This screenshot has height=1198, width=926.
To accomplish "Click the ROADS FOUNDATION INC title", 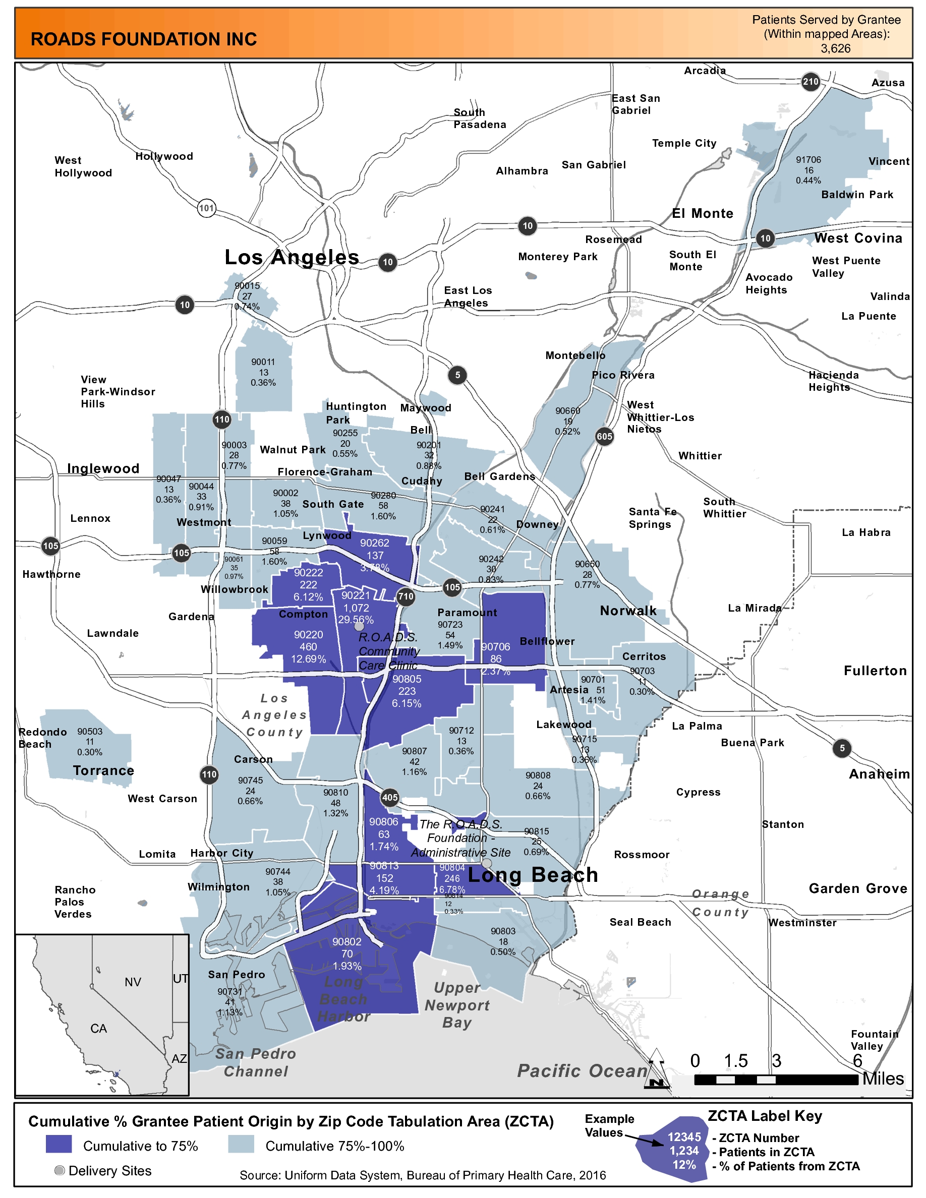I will pos(144,39).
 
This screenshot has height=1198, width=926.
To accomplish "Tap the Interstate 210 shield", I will pos(810,82).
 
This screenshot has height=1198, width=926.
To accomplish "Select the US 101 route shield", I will pos(206,208).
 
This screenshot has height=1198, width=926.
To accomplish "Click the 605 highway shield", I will pos(604,437).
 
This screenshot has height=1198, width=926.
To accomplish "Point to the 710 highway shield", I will pos(406,596).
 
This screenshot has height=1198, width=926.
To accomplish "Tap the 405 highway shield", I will pos(389,798).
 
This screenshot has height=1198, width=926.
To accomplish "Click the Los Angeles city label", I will pos(292,257).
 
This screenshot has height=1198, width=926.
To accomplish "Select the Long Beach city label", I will pos(532,875).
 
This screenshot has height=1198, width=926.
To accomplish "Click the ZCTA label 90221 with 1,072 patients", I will pos(356,607).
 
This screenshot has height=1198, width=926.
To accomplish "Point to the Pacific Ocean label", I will pos(582,1070).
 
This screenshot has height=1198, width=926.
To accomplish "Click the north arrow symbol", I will pos(657,1069).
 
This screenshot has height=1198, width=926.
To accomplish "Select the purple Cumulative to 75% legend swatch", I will pos(59,1145).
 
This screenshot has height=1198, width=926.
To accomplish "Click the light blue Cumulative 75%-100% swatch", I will pos(241,1145).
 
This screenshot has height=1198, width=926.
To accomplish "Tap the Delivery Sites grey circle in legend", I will pos(60,1171).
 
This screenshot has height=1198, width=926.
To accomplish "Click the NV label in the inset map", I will pos(133,982).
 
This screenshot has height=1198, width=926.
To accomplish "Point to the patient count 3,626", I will pos(836,48).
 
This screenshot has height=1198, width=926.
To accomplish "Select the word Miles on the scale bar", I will pos(883,1079).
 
